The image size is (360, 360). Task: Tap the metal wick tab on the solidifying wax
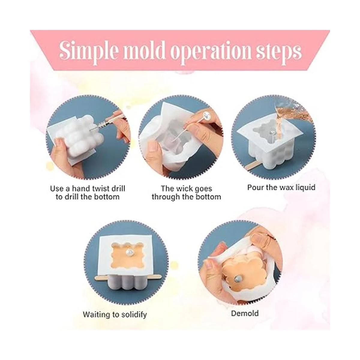click(129, 252)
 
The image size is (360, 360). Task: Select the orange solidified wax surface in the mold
click(125, 256)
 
